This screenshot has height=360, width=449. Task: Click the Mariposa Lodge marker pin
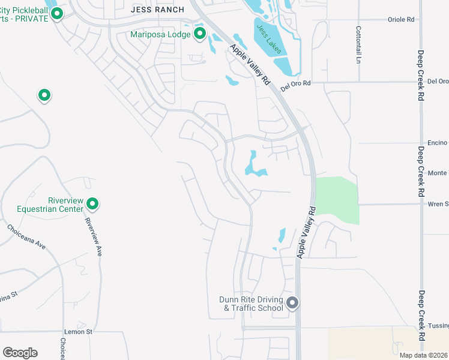[x=200, y=34]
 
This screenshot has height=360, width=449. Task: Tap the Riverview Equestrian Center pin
[x=92, y=204]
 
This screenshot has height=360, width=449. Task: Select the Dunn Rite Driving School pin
[x=292, y=303]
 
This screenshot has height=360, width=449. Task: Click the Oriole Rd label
[x=402, y=19]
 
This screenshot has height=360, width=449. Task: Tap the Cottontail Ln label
[x=358, y=44]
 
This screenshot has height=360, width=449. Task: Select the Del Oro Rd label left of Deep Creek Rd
[x=298, y=83]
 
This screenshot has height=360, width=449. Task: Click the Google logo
[x=20, y=352]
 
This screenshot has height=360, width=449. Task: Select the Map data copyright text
[x=423, y=355]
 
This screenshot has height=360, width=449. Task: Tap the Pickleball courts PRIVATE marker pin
[x=57, y=13]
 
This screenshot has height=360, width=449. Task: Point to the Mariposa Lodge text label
[x=160, y=34]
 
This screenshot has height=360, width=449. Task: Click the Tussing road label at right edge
[x=439, y=326]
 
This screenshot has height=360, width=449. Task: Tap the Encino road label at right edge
[x=438, y=143]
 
